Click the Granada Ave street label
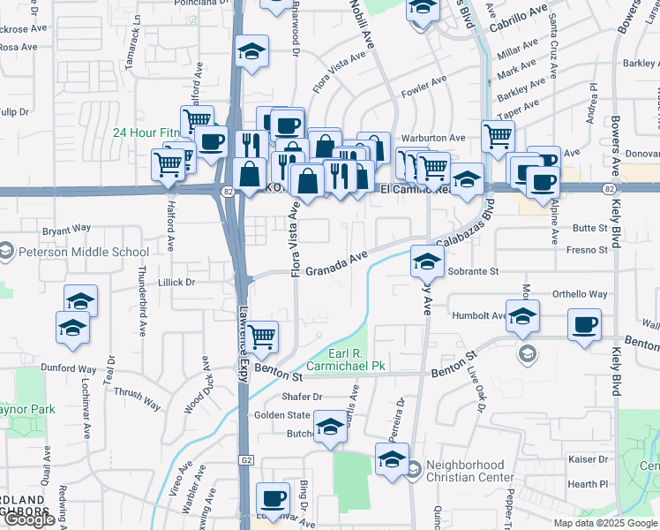click(336, 261)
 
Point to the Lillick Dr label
click(176, 282)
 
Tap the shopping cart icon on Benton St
click(261, 336)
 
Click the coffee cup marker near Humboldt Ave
click(584, 323)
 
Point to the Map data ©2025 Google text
click(606, 523)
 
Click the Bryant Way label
click(67, 228)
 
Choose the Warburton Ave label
click(432, 138)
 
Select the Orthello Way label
click(580, 294)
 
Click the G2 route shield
click(245, 461)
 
